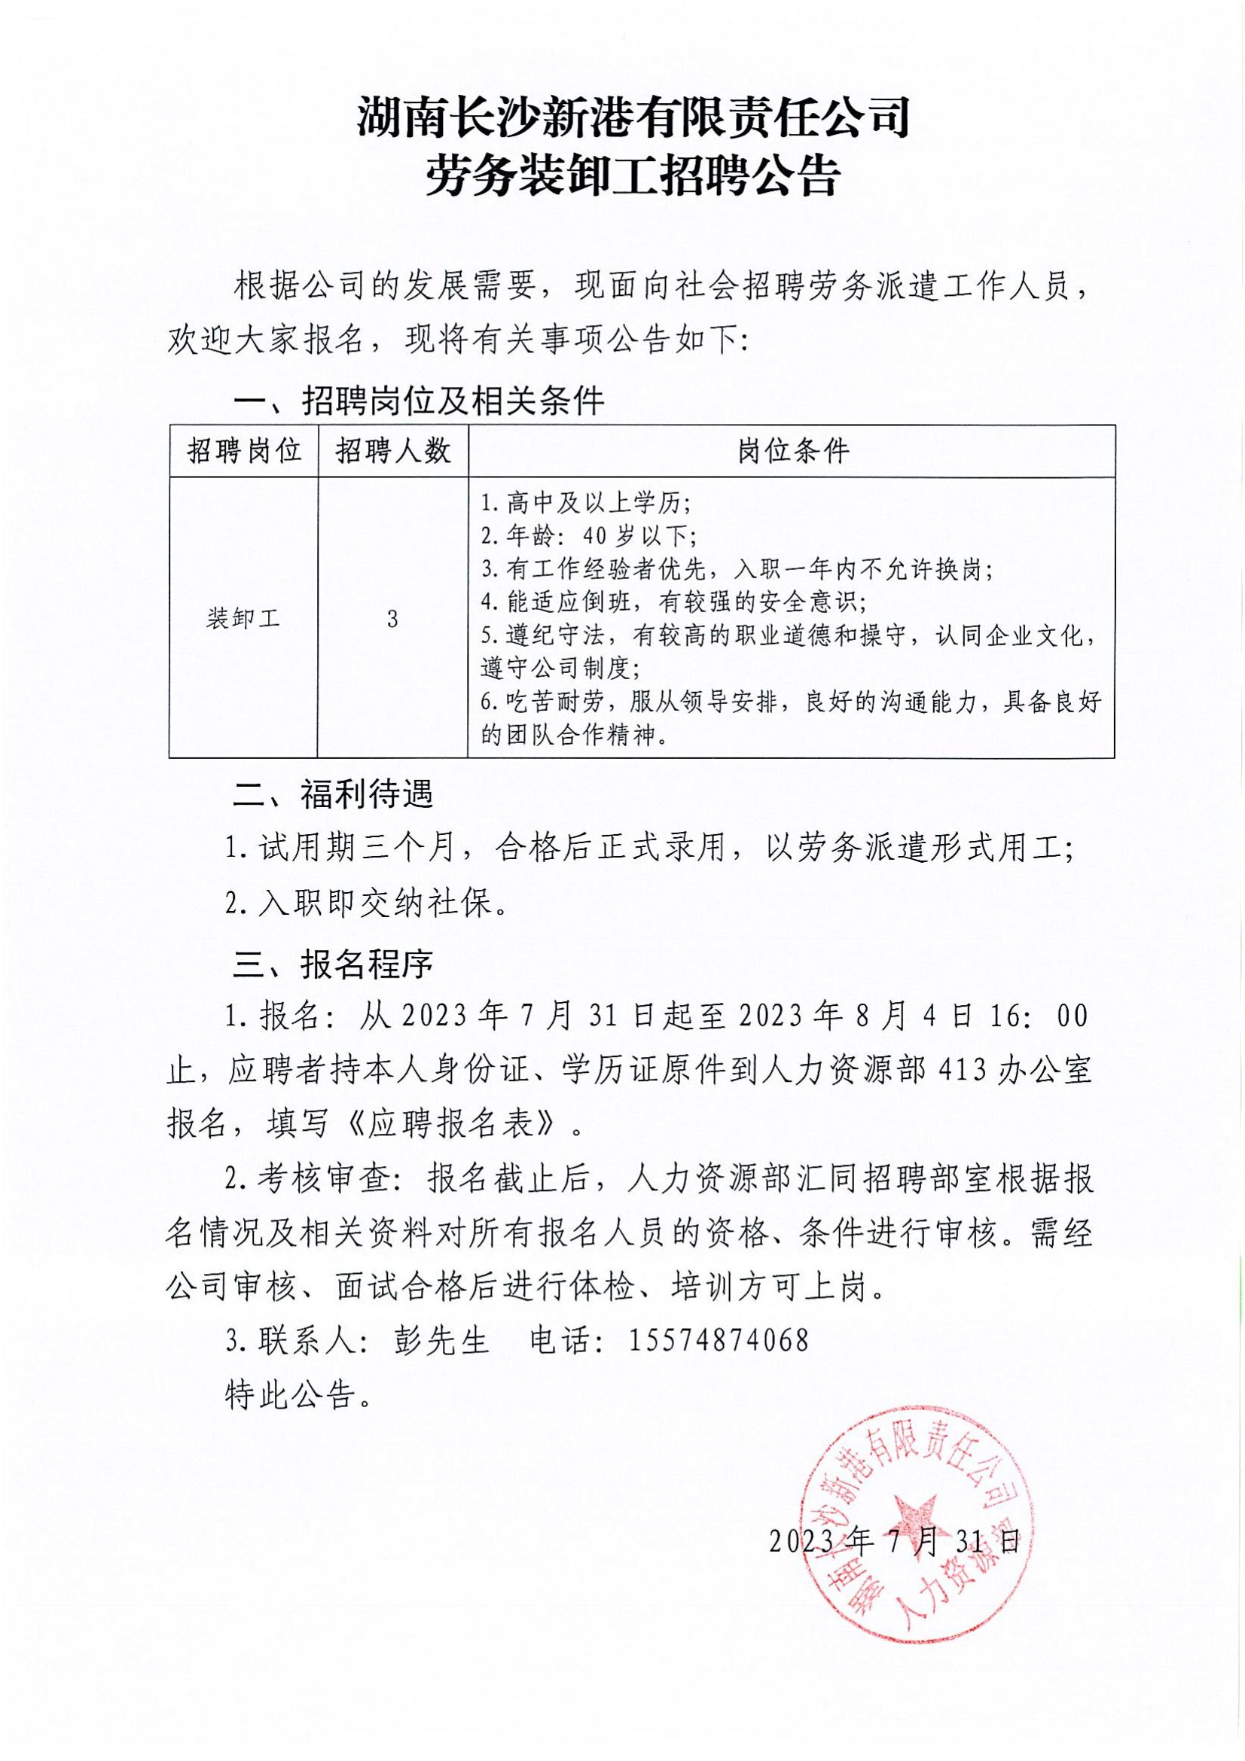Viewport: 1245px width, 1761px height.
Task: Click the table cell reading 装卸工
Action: pyautogui.click(x=244, y=618)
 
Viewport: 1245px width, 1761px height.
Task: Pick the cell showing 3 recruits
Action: pyautogui.click(x=392, y=618)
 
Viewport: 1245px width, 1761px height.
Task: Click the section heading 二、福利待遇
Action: pyautogui.click(x=333, y=794)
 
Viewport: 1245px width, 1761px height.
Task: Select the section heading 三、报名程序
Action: pyautogui.click(x=333, y=960)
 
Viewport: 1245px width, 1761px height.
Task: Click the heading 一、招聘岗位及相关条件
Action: pyautogui.click(x=419, y=400)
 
